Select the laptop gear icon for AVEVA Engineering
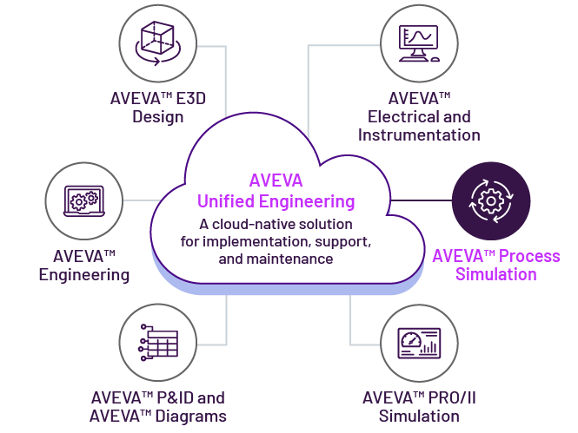pos(78,200)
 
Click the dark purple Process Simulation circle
pos(491,201)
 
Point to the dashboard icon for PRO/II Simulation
pos(419,344)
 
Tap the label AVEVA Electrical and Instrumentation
pos(419,116)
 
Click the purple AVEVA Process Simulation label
pos(496,266)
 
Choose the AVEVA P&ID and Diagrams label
pos(158,407)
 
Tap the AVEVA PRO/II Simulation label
pos(419,407)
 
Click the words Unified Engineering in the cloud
pos(276,201)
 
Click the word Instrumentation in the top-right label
pos(419,134)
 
